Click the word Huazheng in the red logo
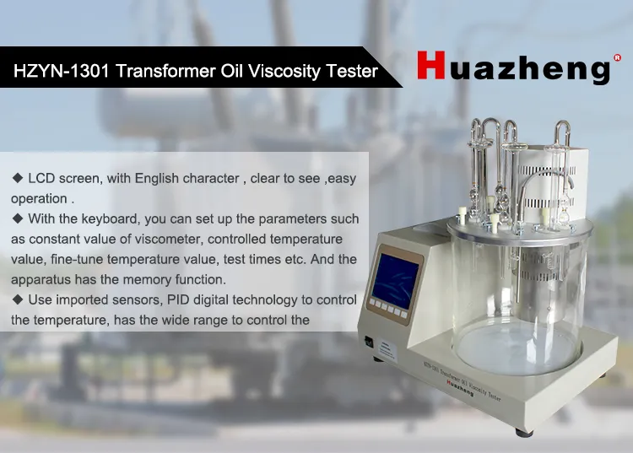(512, 67)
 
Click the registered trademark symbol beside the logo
(617, 58)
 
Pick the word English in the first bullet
(150, 179)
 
